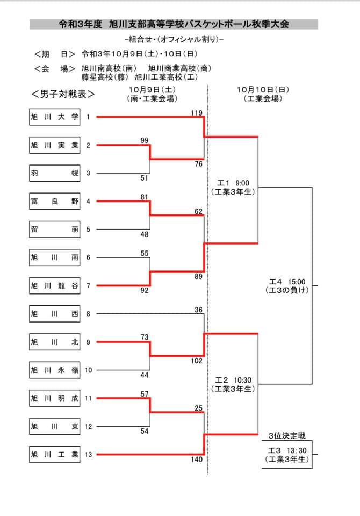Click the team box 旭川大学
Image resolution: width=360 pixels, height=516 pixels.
tap(55, 117)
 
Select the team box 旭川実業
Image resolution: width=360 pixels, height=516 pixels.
tap(55, 145)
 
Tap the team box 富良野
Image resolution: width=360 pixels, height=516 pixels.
tap(55, 202)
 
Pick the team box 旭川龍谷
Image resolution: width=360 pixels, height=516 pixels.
tap(55, 285)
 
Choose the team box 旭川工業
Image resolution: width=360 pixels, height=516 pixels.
tap(55, 455)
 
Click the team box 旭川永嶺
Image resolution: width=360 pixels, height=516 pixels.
tap(55, 370)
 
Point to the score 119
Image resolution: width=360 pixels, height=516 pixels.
tap(197, 113)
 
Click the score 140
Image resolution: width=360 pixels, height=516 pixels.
tap(197, 460)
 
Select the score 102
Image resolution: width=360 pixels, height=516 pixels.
tap(197, 361)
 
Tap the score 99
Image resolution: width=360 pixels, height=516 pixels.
tap(145, 140)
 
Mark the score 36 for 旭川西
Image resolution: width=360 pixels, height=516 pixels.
tap(198, 310)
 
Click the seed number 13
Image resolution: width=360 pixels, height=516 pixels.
tap(88, 455)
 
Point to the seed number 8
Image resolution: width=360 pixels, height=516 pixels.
tap(88, 314)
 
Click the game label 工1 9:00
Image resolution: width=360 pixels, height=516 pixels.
tap(233, 183)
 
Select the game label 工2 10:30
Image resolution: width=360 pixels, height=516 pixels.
tap(233, 380)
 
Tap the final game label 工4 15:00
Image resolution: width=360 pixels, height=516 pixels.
tap(287, 282)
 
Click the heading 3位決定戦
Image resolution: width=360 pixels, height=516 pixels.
tap(287, 436)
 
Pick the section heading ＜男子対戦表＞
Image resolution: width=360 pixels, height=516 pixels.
tap(63, 94)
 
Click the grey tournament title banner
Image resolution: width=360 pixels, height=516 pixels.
tap(174, 24)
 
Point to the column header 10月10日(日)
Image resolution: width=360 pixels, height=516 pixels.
tap(263, 90)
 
